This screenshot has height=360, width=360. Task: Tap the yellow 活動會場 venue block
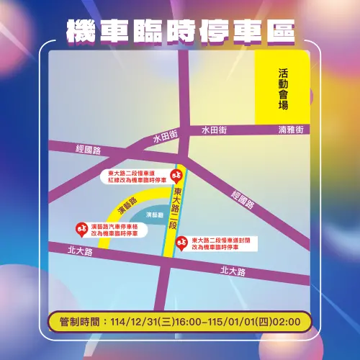pyautogui.click(x=282, y=88)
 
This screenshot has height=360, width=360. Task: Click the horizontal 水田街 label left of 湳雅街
pyautogui.click(x=214, y=130)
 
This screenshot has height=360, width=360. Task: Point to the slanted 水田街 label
pyautogui.click(x=164, y=138)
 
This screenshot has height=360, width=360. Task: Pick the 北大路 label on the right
pyautogui.click(x=233, y=271)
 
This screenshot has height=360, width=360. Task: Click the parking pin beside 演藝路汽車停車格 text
pyautogui.click(x=81, y=229)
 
